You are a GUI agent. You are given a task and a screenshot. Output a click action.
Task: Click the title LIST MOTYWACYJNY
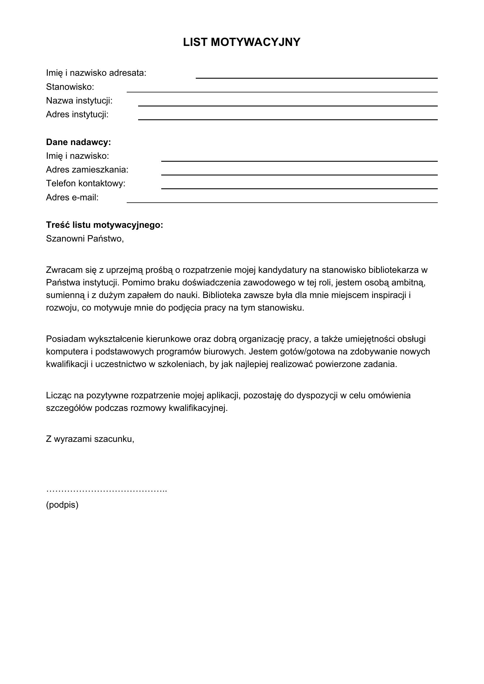[x=242, y=42]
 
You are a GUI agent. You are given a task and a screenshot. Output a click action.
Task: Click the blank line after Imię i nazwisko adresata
[x=317, y=77]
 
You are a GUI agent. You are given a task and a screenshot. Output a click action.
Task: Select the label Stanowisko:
[x=70, y=87]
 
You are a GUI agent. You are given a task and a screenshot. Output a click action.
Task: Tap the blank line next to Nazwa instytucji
[x=288, y=105]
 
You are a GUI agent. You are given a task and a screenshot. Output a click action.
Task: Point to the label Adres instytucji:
[x=77, y=114]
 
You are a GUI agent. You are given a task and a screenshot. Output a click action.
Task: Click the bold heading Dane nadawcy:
[x=78, y=142]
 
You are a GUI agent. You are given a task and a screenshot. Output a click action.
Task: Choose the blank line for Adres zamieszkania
[x=299, y=174]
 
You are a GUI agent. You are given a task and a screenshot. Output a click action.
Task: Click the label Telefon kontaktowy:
[x=85, y=184]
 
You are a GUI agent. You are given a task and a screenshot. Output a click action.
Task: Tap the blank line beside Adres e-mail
[x=282, y=201]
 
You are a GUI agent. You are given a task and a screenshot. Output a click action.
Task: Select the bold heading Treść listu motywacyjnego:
[x=104, y=225]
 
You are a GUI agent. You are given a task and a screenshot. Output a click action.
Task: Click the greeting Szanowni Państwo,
[x=85, y=239]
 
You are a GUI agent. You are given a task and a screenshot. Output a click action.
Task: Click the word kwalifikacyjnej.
[x=198, y=408]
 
